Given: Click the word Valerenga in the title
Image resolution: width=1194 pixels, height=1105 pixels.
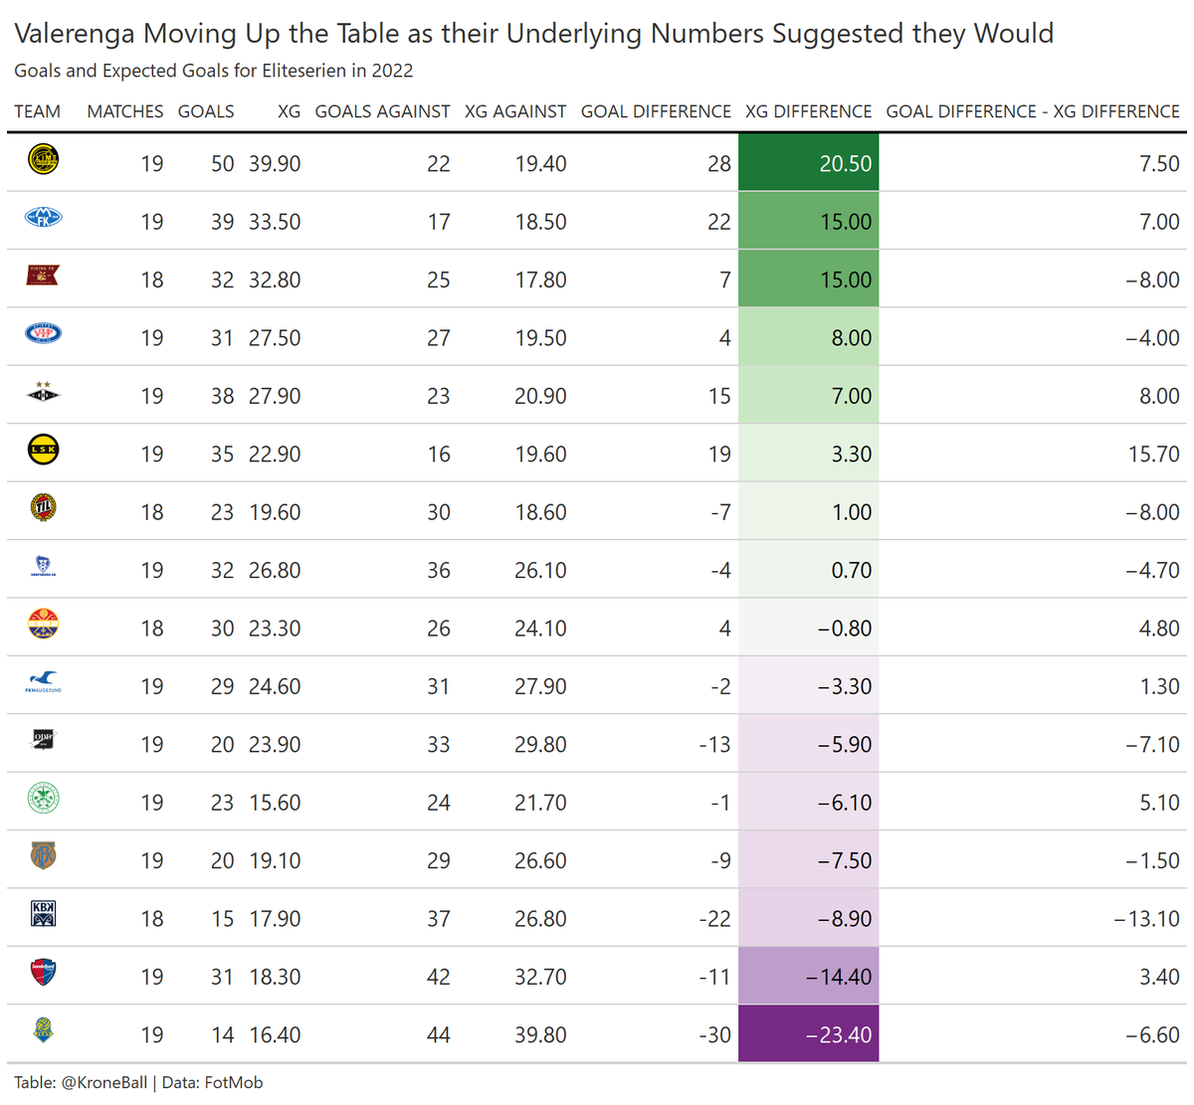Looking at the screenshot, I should (x=75, y=34).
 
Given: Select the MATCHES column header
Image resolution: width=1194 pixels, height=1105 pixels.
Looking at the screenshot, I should (x=124, y=111).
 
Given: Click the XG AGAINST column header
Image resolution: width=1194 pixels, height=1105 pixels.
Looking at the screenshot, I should (x=514, y=111).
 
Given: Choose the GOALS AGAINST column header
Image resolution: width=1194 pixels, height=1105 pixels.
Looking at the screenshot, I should (x=382, y=111).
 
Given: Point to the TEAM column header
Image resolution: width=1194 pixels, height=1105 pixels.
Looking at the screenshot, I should (x=37, y=111).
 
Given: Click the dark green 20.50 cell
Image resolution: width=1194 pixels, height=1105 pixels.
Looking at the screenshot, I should (x=808, y=163).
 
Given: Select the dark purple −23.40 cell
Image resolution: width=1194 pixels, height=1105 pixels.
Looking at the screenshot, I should (x=808, y=1034).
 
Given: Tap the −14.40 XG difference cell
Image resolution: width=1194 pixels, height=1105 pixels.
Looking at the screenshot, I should (x=808, y=977).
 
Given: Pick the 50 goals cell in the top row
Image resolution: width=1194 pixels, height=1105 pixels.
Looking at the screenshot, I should (x=222, y=163).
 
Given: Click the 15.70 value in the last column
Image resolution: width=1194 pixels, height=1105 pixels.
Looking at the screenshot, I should (x=1153, y=455).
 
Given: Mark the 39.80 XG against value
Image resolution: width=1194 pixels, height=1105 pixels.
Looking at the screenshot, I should (x=540, y=1034).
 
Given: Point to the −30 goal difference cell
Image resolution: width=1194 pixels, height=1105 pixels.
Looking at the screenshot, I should (x=714, y=1034).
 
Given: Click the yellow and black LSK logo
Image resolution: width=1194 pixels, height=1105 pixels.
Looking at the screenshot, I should (x=43, y=451).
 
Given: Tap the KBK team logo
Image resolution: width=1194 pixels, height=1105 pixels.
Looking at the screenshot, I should (x=43, y=913).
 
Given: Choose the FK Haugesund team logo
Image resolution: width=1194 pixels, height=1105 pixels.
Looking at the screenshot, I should (x=43, y=682).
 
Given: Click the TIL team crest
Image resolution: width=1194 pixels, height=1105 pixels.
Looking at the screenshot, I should (x=43, y=508).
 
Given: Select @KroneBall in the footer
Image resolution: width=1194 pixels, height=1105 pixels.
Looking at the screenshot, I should (x=104, y=1082).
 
